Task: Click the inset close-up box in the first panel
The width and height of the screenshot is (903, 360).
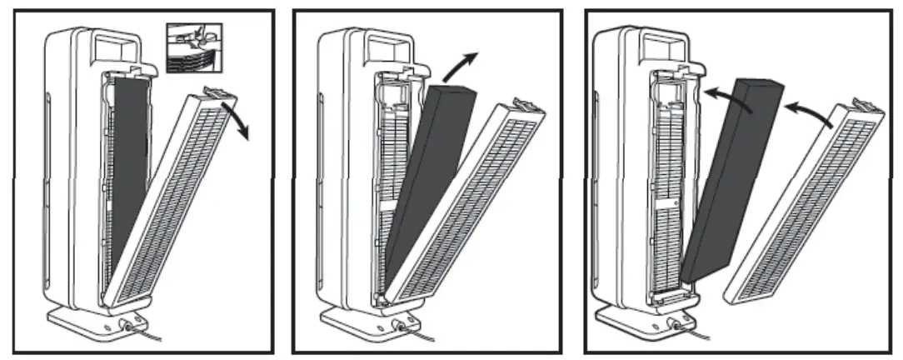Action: [x=194, y=48]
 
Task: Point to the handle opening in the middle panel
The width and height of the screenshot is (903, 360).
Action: [x=388, y=47]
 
